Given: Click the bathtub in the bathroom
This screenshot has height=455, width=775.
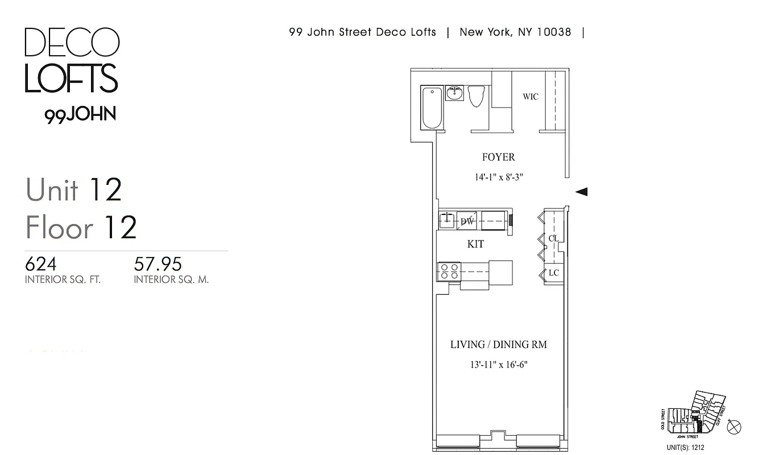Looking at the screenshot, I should point(431,107).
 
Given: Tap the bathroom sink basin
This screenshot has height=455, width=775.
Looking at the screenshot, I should point(454,94).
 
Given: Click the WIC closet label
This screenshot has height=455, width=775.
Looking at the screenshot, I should point(531,97).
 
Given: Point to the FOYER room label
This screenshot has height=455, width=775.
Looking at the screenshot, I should point(498,157).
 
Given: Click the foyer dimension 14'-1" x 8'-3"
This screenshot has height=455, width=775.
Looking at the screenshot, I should point(499,177).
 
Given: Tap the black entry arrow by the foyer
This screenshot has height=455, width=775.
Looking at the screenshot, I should point(581,192).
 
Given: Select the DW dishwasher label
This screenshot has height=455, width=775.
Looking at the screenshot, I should point(467,221).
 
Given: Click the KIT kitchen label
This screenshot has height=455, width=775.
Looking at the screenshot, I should point(475,244).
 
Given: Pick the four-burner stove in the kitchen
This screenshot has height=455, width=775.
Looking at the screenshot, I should point(448,271).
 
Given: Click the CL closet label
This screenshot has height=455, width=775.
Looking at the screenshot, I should point(553,238).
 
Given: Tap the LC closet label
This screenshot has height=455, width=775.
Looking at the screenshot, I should point(554,273).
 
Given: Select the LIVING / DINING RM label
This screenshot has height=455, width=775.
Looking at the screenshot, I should point(499,345).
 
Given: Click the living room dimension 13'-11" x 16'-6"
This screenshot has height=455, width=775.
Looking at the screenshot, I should point(499,365).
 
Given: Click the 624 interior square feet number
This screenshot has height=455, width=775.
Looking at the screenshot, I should point(41,264).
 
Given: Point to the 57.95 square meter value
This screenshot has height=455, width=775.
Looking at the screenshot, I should point(158,264).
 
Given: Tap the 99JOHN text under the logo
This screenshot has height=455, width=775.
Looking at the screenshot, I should point(80,114).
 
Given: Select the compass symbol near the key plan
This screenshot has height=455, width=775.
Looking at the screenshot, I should point(734,427).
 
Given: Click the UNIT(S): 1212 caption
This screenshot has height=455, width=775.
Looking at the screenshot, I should point(685,448).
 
